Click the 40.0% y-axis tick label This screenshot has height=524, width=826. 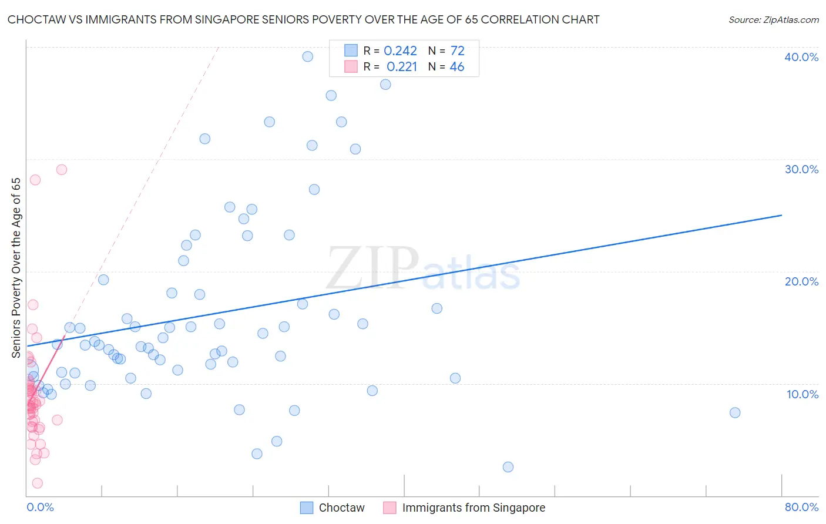point(801,57)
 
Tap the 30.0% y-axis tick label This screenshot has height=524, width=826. point(801,169)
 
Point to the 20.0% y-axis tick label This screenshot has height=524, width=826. point(801,281)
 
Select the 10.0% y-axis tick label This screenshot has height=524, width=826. point(802,394)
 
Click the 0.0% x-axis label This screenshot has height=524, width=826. point(40,507)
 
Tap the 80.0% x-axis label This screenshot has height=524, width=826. point(801,507)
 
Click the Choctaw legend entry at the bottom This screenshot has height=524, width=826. point(333,508)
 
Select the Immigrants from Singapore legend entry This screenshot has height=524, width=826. point(464,508)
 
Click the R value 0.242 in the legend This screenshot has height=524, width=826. point(400,51)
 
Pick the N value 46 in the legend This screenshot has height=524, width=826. point(456,67)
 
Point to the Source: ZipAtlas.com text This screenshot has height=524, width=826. point(773,20)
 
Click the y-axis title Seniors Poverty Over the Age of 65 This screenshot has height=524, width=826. point(16,267)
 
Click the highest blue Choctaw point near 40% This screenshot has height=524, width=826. point(307,56)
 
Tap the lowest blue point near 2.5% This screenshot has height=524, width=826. point(508,467)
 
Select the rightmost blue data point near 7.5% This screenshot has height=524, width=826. point(735,412)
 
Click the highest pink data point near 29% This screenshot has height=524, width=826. point(62,170)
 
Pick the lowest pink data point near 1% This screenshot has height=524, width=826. point(37,483)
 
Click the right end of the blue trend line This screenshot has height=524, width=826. point(781,216)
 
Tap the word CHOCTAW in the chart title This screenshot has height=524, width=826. point(36,20)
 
